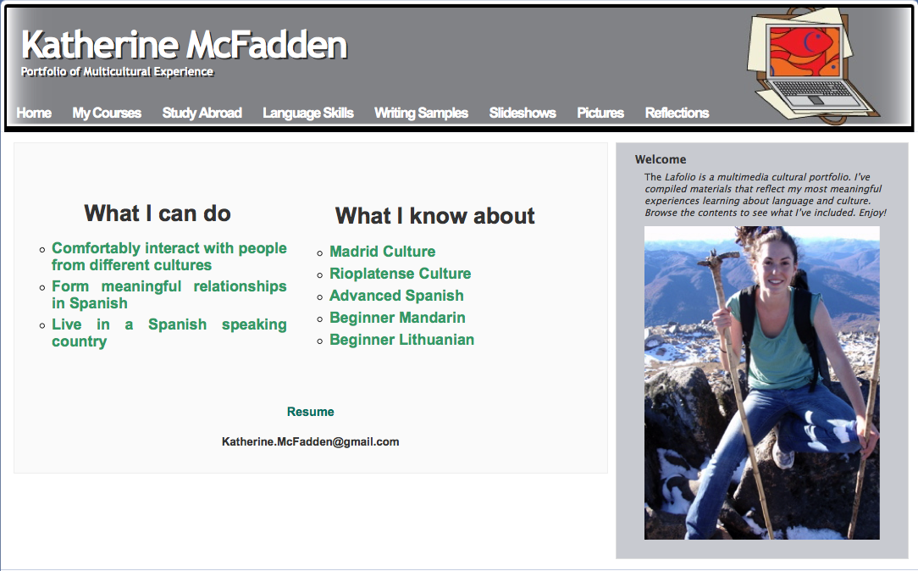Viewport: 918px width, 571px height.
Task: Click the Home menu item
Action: (x=34, y=113)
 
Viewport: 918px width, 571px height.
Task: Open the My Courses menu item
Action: (x=107, y=113)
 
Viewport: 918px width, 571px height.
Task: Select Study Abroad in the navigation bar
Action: (x=202, y=113)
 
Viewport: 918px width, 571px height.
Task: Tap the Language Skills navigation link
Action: (x=308, y=113)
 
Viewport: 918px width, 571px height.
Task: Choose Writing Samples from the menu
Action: (x=421, y=113)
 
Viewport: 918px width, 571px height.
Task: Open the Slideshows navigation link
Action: (x=523, y=113)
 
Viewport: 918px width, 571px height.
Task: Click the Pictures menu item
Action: (x=600, y=113)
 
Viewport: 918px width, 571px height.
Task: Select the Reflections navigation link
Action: (x=677, y=113)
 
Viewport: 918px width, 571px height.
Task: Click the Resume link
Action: (x=310, y=412)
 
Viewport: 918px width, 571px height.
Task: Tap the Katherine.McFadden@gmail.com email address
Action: (x=310, y=441)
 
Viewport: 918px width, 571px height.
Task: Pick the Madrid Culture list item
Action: (x=382, y=252)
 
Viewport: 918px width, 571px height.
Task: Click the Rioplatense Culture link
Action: (x=400, y=274)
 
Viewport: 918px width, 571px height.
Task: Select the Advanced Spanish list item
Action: (x=396, y=296)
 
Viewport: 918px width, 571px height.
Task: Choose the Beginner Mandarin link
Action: (x=397, y=318)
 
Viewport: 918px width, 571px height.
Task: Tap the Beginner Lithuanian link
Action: (x=401, y=340)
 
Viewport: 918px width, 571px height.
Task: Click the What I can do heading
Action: (x=158, y=213)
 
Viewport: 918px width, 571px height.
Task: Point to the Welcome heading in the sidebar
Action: (x=661, y=159)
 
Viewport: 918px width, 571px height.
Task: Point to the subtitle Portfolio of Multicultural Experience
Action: (x=117, y=72)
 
